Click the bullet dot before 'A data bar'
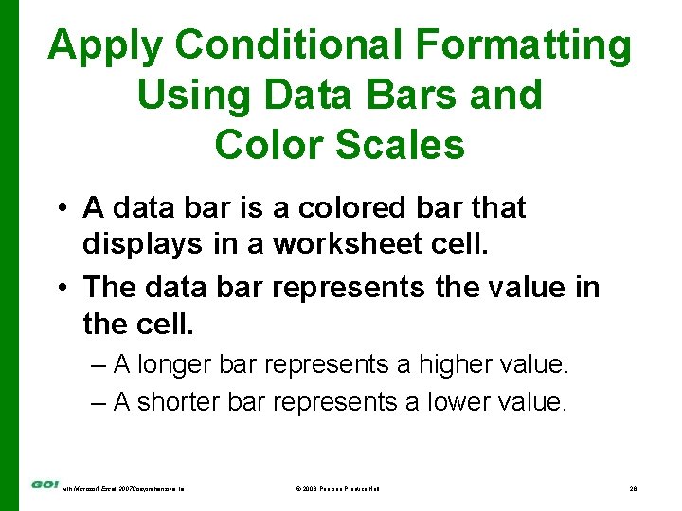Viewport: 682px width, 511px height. tap(60, 208)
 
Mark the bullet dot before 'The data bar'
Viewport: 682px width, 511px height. tap(60, 287)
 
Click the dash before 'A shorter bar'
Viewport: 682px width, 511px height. tap(99, 402)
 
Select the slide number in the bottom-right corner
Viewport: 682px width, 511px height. tap(633, 488)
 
